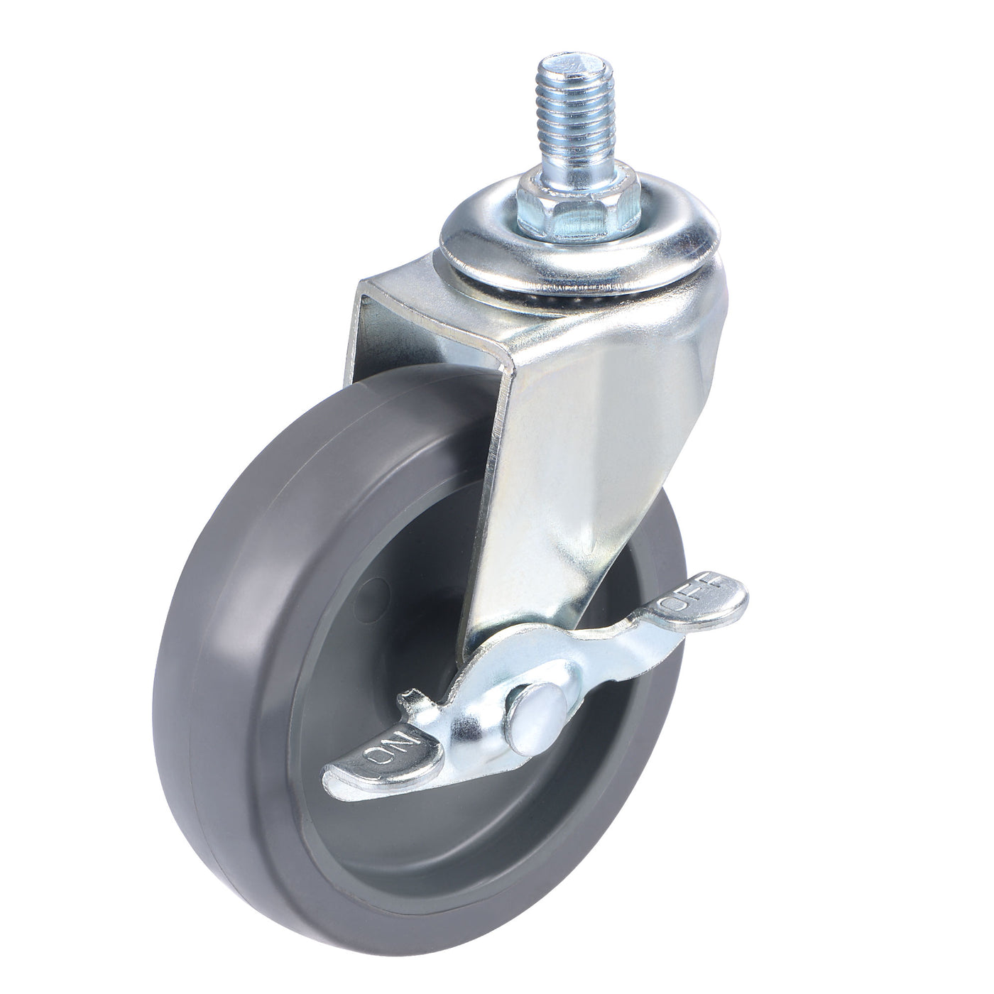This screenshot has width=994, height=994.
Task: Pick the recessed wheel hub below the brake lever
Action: pyautogui.click(x=454, y=852)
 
